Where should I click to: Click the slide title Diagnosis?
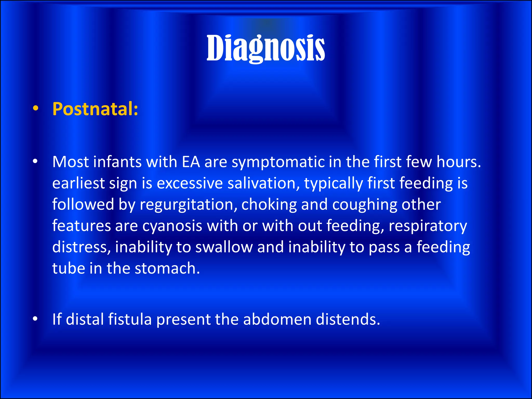point(265,49)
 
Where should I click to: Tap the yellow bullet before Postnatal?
point(36,109)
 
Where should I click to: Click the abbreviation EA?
point(191,162)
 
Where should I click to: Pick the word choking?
point(269,205)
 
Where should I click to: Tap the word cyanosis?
point(172,226)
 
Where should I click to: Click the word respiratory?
point(428,226)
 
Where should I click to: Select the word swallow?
point(224,247)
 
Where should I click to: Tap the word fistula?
point(130,319)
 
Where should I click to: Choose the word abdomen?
point(277,319)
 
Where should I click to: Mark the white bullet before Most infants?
point(36,162)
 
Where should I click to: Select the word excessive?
point(190,183)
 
